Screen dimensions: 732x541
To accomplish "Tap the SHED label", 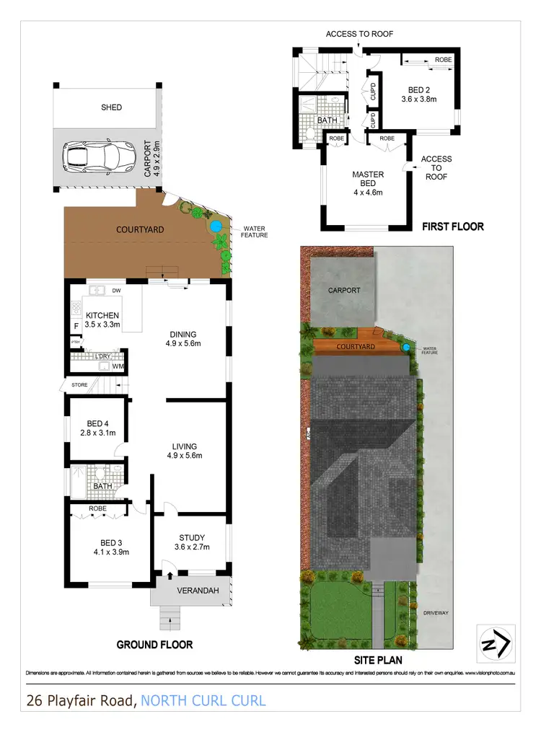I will (111, 107).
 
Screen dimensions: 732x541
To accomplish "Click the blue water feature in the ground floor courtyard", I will (216, 226).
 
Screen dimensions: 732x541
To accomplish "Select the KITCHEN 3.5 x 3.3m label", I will (102, 320).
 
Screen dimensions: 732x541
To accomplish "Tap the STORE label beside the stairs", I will (79, 385).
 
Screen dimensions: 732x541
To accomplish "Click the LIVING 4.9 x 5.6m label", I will (185, 451).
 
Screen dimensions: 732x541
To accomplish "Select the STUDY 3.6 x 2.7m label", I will (192, 542).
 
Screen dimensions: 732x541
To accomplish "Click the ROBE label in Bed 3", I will (97, 508).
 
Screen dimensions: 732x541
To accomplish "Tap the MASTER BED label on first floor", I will (367, 183).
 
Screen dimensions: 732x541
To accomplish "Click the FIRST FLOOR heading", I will (452, 226).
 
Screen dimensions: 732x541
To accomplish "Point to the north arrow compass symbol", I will (496, 639).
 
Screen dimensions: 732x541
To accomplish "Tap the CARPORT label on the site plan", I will (344, 291).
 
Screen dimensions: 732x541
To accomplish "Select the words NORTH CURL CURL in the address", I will (203, 700).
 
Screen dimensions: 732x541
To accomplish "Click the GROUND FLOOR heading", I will (156, 644).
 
